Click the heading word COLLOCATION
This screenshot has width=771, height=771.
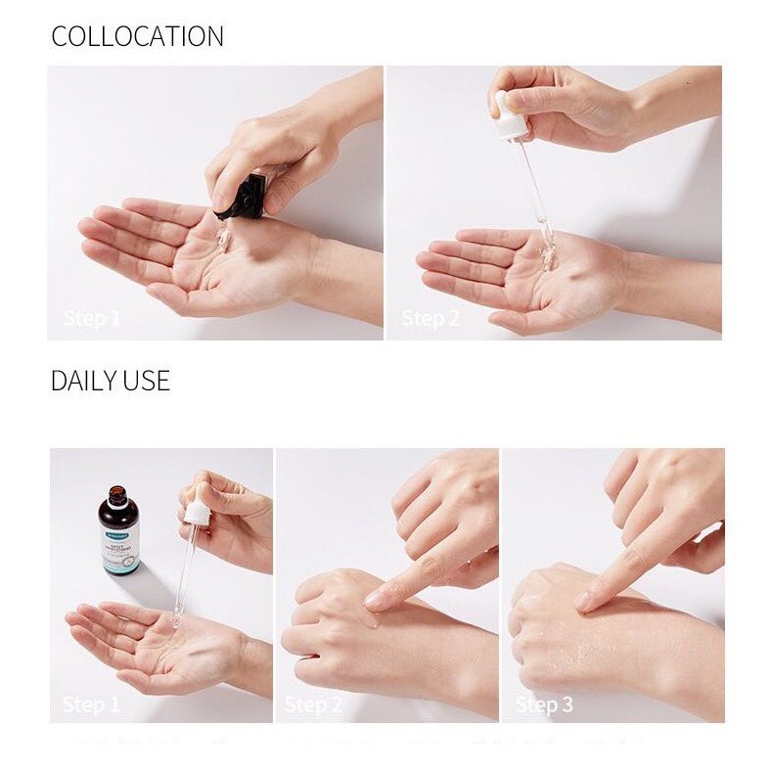coord(137,36)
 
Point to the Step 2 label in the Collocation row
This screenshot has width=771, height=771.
coord(430,318)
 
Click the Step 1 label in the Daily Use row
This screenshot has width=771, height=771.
coord(91,704)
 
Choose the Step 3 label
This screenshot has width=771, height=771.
coord(543,704)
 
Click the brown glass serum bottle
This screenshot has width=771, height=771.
coord(118,534)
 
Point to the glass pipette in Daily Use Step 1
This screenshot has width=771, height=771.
coord(185,572)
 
